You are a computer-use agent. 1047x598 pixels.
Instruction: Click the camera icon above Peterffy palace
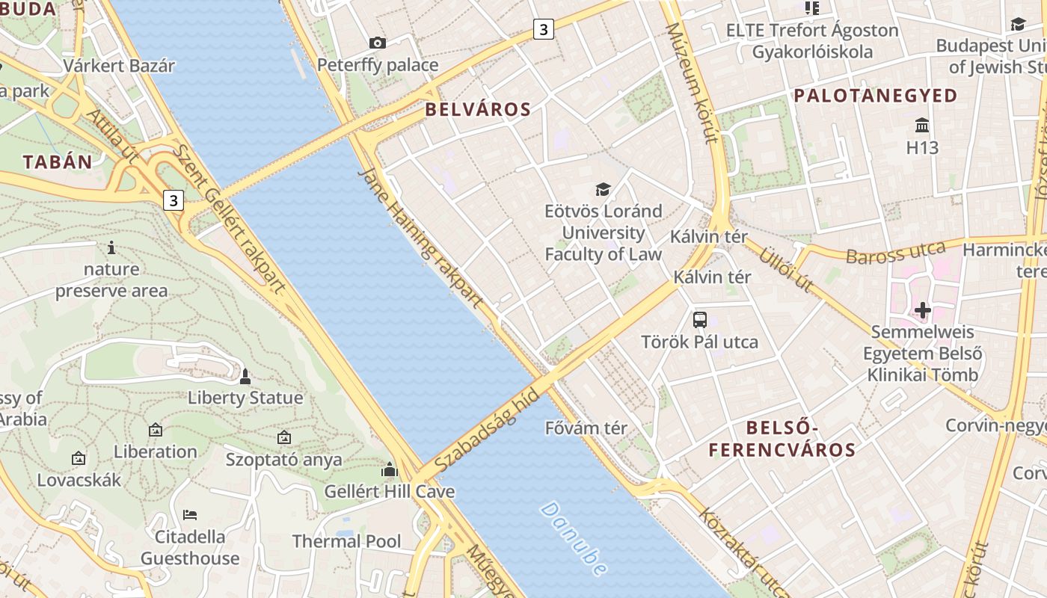coord(378,43)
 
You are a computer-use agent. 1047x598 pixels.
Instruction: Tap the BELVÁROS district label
coord(478,110)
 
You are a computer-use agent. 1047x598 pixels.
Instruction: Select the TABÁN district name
coord(58,162)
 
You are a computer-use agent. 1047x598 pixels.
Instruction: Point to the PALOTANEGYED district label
coord(875,96)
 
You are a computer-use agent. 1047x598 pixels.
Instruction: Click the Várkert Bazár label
coord(119,66)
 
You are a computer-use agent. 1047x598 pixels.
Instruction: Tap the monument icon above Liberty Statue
coord(245,376)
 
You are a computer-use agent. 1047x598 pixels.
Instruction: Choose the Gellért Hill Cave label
coord(389,492)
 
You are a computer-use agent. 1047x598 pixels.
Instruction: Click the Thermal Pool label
coord(346,541)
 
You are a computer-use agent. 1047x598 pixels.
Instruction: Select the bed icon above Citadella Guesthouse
coord(190,515)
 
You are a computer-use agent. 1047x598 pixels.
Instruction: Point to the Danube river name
coord(574,539)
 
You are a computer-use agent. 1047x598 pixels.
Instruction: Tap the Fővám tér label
coord(586,428)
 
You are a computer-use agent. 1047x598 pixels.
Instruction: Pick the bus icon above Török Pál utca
coord(700,320)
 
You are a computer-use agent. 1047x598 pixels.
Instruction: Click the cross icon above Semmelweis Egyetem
coord(922,309)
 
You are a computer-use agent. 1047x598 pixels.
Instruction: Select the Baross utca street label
coord(895,253)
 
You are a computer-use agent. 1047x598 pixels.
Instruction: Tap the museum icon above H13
coord(922,125)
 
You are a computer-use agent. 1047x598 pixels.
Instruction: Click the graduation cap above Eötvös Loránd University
coord(603,189)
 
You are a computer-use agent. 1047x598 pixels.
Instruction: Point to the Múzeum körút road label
coord(692,82)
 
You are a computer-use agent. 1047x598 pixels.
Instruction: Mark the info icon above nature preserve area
coord(111,247)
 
